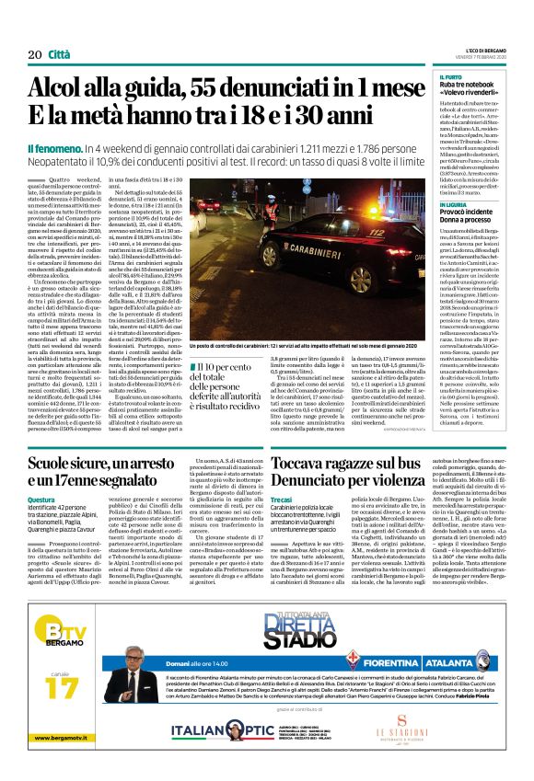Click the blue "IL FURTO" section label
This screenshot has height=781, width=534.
pyautogui.click(x=452, y=77)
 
